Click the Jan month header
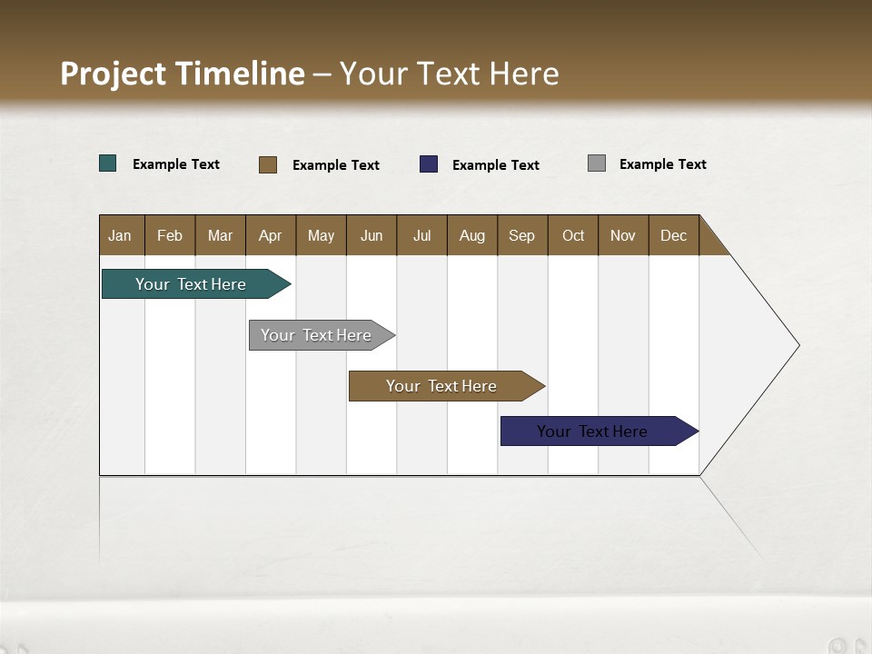pyautogui.click(x=121, y=235)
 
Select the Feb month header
pyautogui.click(x=170, y=235)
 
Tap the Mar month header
pyautogui.click(x=220, y=235)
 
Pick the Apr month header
pyautogui.click(x=271, y=235)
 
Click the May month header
pyautogui.click(x=321, y=235)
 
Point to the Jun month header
pyautogui.click(x=372, y=235)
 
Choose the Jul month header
pyautogui.click(x=421, y=235)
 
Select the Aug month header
pyautogui.click(x=472, y=235)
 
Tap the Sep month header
pyautogui.click(x=522, y=235)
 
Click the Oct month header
pyautogui.click(x=573, y=235)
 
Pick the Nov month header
pyautogui.click(x=623, y=235)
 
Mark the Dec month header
pyautogui.click(x=674, y=235)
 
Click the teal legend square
pyautogui.click(x=108, y=163)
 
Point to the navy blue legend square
pyautogui.click(x=429, y=163)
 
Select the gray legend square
pyautogui.click(x=597, y=163)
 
